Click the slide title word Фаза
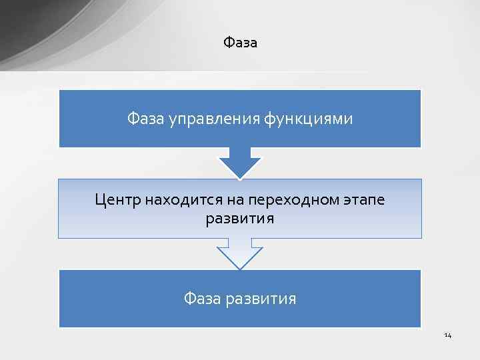click(x=240, y=43)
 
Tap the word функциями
click(x=308, y=119)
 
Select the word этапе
click(x=365, y=199)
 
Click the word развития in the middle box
click(x=240, y=219)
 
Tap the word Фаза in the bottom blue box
click(x=202, y=299)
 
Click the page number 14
click(x=447, y=335)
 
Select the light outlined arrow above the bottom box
click(x=240, y=254)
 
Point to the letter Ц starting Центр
click(x=100, y=199)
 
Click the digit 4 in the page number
click(x=449, y=335)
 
